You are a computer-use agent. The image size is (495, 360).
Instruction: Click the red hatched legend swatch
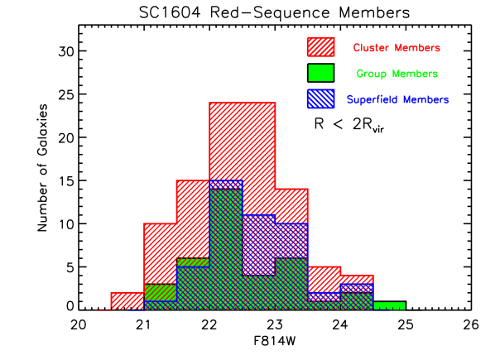[x=320, y=47]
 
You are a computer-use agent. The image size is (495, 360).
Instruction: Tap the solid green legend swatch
[x=320, y=73]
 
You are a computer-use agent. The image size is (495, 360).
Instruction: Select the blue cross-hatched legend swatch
[x=320, y=98]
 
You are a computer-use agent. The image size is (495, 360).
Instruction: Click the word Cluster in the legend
[x=372, y=48]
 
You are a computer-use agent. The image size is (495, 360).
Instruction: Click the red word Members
[x=417, y=48]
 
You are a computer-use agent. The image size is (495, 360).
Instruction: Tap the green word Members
[x=416, y=74]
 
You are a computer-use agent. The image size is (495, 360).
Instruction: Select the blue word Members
[x=425, y=99]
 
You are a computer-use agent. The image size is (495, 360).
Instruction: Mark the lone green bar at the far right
[x=389, y=305]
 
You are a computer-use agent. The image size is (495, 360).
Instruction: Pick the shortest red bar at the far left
[x=127, y=300]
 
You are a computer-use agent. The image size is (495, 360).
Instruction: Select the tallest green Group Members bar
[x=225, y=248]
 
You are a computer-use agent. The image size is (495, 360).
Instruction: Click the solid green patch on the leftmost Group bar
[x=160, y=292]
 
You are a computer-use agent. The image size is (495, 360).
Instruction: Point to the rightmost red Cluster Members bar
[x=357, y=279]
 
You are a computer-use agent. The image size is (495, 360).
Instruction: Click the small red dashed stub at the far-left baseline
[x=102, y=310]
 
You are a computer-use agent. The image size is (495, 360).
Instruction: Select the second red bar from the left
[x=160, y=252]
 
